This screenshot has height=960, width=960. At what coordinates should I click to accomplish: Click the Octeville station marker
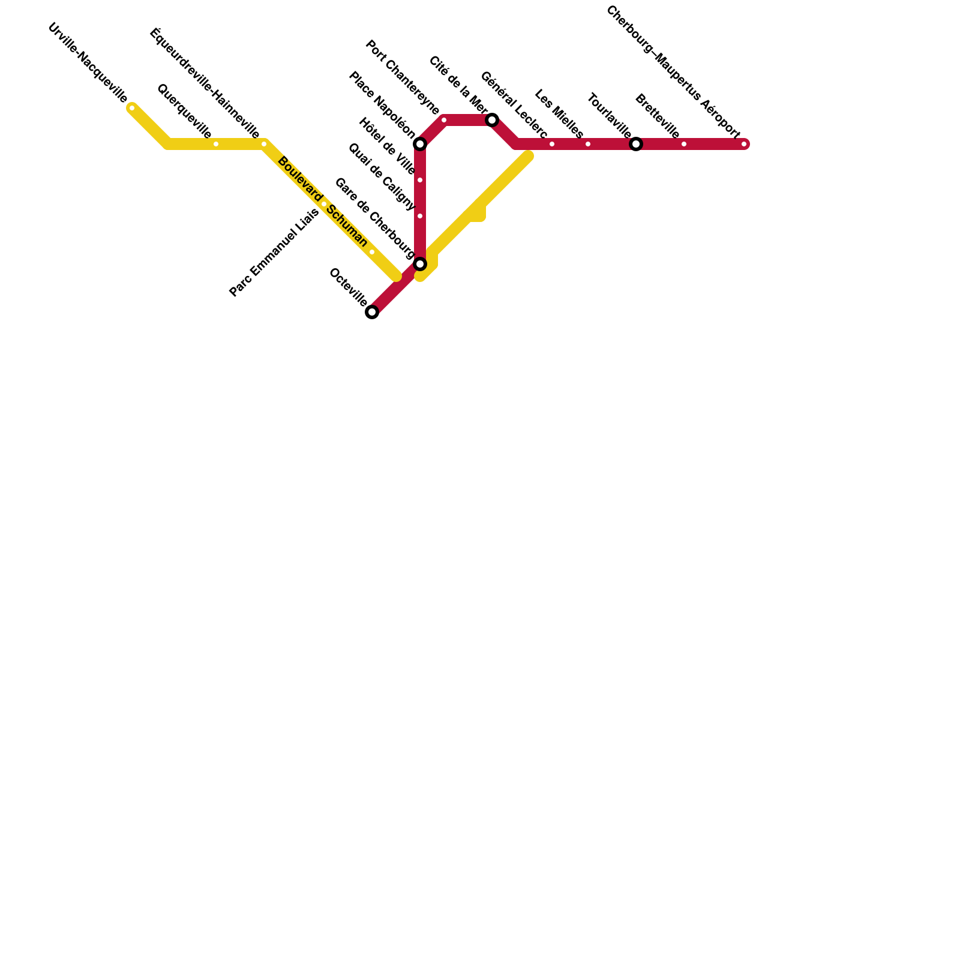click(x=372, y=312)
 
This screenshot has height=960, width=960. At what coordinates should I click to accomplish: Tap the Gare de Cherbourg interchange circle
click(x=420, y=264)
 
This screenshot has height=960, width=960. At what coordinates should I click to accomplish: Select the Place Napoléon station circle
click(x=420, y=144)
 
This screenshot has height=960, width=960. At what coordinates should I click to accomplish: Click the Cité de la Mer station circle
click(x=492, y=120)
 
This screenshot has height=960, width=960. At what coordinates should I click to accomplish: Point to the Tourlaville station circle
click(x=636, y=144)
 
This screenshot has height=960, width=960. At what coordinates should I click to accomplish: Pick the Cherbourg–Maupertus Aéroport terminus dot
click(x=744, y=144)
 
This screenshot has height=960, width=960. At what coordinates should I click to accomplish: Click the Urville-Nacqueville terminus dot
click(x=132, y=108)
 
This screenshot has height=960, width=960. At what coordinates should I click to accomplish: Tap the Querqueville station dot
click(x=216, y=144)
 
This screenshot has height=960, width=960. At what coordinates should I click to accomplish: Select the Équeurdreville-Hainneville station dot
click(x=264, y=144)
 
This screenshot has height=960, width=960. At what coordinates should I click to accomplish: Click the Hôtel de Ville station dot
click(x=420, y=180)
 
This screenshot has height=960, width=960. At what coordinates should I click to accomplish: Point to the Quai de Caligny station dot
click(x=420, y=216)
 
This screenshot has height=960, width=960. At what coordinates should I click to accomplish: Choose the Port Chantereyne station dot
click(x=444, y=120)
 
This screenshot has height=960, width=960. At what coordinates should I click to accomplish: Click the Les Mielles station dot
click(x=588, y=144)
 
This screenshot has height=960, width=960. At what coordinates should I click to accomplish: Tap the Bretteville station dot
click(x=684, y=144)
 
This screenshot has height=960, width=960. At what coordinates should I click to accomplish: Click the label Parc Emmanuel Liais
click(x=274, y=253)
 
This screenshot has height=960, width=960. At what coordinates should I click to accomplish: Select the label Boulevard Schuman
click(x=322, y=202)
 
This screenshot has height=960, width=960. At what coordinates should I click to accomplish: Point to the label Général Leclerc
click(x=514, y=105)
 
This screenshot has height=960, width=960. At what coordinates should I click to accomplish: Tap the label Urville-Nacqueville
click(x=88, y=62)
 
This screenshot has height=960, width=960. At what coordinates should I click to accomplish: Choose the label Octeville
click(x=348, y=287)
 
